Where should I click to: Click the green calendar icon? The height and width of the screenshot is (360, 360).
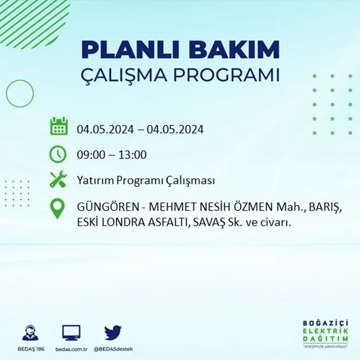[x=59, y=126]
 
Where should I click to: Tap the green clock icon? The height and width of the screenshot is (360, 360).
[x=58, y=155]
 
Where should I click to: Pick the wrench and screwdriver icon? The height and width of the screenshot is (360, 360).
[x=58, y=180]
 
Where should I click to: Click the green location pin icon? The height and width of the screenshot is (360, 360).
[x=58, y=209]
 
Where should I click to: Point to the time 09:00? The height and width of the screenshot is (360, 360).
[x=90, y=155]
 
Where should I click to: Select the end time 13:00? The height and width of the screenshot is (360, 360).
[x=133, y=155]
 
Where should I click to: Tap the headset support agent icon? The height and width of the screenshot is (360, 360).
[x=30, y=333]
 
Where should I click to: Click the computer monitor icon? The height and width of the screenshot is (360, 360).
[x=71, y=333]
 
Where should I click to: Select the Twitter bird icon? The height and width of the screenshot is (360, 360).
[x=112, y=333]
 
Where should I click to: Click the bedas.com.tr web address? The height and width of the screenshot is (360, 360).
[x=72, y=349]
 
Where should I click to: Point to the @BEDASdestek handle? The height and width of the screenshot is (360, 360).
[x=113, y=349]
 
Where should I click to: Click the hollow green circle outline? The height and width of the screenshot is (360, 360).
[x=20, y=94]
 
